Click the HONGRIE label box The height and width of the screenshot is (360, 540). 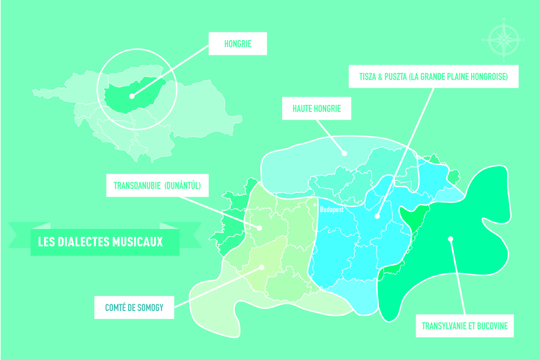(x=238, y=44)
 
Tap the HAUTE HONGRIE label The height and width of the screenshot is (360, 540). (x=316, y=108)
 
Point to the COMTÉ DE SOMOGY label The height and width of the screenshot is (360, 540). (x=134, y=308)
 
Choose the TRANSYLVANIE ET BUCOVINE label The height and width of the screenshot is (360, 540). (x=465, y=326)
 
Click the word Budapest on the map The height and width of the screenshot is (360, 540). (x=332, y=210)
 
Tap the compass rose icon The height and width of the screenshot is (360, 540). (x=504, y=40)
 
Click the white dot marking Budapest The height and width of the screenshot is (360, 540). (x=315, y=204)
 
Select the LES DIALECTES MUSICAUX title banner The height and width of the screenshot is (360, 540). (x=104, y=242)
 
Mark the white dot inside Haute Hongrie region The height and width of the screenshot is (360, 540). (x=344, y=153)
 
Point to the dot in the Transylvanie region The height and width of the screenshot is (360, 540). (x=450, y=239)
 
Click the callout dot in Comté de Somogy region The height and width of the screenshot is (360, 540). (x=261, y=267)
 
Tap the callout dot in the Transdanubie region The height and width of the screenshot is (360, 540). (x=260, y=228)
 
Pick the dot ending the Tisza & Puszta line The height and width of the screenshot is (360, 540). (x=377, y=216)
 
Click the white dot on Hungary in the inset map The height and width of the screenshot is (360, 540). (x=131, y=96)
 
